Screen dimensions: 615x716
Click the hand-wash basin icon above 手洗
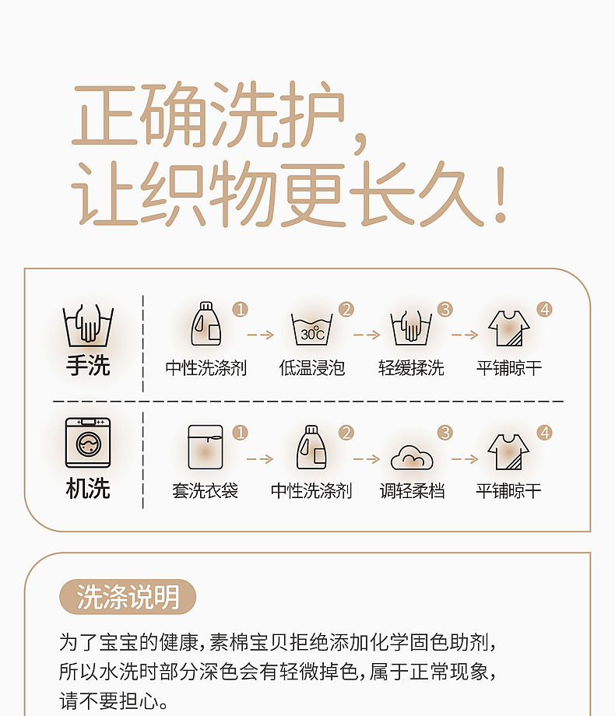coord(88,325)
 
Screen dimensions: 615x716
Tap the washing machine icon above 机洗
coord(88,443)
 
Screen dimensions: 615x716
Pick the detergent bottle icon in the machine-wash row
coord(311,447)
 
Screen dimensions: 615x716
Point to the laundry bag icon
coord(206,447)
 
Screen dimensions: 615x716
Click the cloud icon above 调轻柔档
coord(412,458)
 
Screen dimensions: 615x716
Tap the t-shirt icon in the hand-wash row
coord(509,328)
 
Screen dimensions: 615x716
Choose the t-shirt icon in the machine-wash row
coord(508,451)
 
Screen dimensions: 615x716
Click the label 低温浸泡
coord(312,368)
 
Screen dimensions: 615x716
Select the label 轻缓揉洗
coord(411,368)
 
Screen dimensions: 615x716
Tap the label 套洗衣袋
coord(206,491)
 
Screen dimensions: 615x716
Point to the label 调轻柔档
coord(412,491)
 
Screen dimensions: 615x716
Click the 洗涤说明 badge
coord(128,596)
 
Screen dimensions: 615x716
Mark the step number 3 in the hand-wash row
coord(445,309)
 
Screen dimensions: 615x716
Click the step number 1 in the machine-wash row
coord(241,433)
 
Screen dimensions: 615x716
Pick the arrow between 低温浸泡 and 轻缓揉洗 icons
coord(367,335)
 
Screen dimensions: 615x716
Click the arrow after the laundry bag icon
coord(260,458)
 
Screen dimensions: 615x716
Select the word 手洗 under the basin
coord(88,366)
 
